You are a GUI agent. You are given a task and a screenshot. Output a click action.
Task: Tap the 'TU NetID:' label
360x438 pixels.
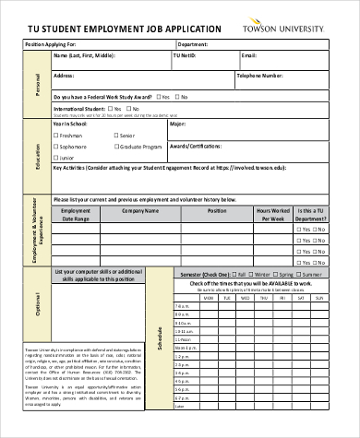point(186,56)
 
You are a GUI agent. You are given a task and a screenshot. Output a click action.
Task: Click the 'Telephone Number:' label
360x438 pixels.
point(263,77)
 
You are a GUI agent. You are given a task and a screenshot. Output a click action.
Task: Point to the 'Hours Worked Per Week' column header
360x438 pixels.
point(274,216)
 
